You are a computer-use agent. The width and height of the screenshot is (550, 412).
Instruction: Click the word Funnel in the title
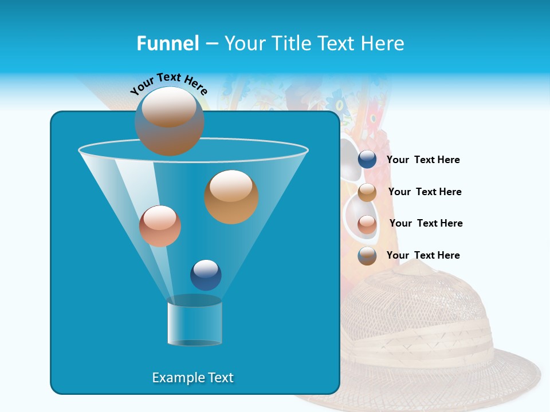click(168, 43)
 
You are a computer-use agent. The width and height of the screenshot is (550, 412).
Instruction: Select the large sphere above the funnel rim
click(169, 121)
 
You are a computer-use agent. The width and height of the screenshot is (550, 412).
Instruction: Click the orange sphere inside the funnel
click(231, 197)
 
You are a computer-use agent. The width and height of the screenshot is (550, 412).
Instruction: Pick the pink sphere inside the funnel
click(160, 226)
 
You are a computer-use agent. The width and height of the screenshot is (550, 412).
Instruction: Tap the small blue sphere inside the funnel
click(206, 275)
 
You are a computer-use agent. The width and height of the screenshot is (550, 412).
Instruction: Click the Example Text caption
click(192, 378)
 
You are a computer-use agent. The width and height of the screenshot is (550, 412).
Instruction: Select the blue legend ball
click(367, 160)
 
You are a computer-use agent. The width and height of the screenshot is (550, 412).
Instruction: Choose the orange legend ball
click(367, 192)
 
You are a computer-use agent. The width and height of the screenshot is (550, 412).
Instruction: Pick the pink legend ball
click(367, 224)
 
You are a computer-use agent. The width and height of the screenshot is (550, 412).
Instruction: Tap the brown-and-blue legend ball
click(367, 256)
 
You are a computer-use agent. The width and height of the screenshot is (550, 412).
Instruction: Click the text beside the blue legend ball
click(423, 160)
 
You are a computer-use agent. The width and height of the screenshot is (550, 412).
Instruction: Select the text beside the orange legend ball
click(425, 192)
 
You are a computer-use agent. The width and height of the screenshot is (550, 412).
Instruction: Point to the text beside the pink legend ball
click(426, 223)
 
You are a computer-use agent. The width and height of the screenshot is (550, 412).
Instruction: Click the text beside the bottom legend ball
click(423, 255)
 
